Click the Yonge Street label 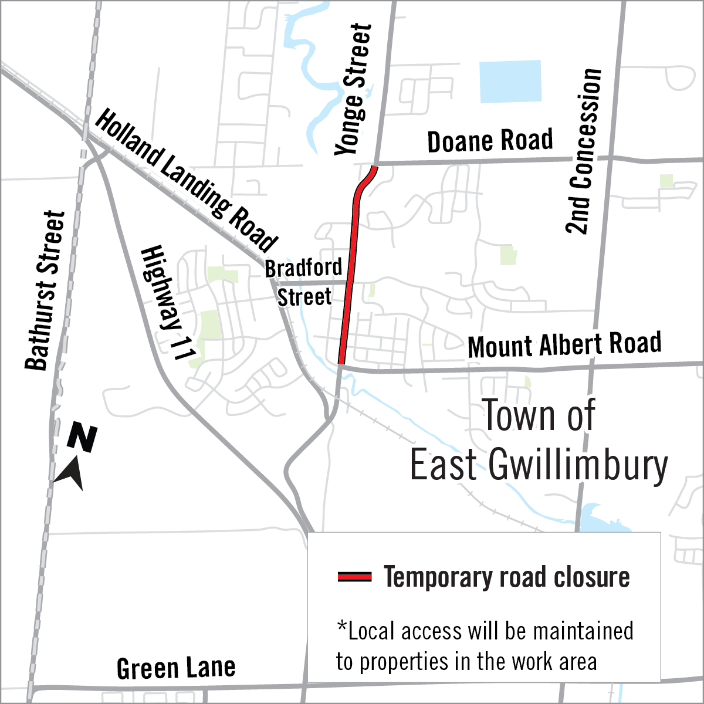tap(353, 89)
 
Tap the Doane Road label tap(490, 141)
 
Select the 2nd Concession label tap(584, 151)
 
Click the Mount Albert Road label tap(564, 345)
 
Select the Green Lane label tap(176, 668)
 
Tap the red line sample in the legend tap(354, 577)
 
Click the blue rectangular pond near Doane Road tap(510, 82)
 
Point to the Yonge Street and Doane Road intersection tap(375, 164)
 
